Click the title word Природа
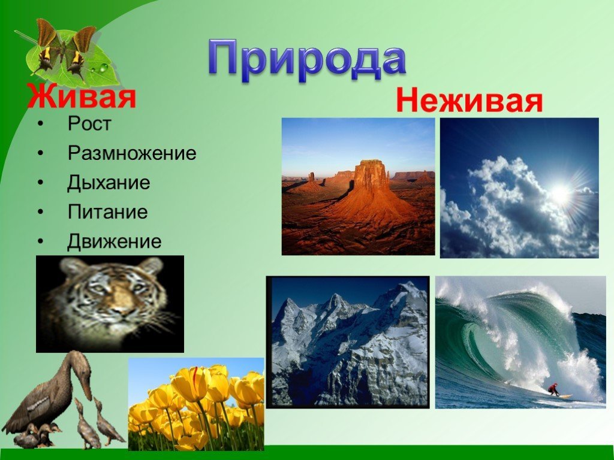[307, 59]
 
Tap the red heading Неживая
[469, 101]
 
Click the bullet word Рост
[89, 123]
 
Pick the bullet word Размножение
[131, 153]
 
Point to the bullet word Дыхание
[109, 182]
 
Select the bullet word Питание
[108, 212]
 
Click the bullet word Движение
[114, 241]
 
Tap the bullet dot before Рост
[41, 124]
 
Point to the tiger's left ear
[151, 266]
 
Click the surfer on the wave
[553, 389]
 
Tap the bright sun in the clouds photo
[561, 193]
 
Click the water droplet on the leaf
[103, 68]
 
